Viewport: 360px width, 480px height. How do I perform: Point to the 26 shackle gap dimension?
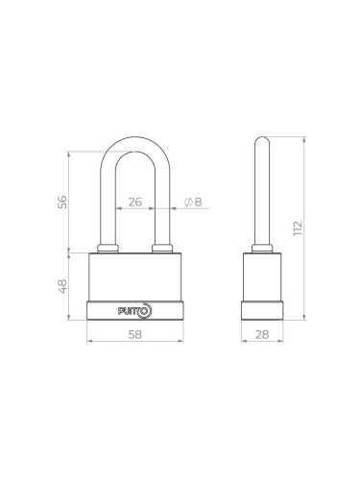tap(135, 203)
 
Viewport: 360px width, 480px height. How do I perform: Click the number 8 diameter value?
tap(198, 203)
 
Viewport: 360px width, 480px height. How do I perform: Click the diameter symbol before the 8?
tap(187, 203)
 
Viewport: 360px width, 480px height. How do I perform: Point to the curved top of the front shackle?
tap(135, 144)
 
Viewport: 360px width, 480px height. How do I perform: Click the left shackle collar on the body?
tap(108, 250)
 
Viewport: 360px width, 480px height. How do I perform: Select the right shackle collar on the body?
tap(162, 250)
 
